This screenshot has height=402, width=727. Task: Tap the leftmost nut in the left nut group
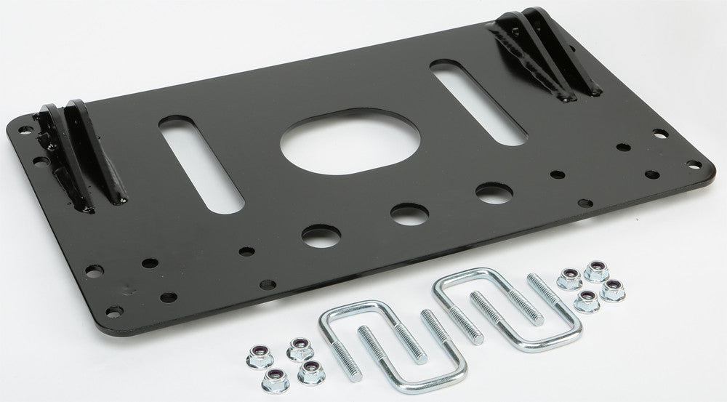click(x=254, y=356)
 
